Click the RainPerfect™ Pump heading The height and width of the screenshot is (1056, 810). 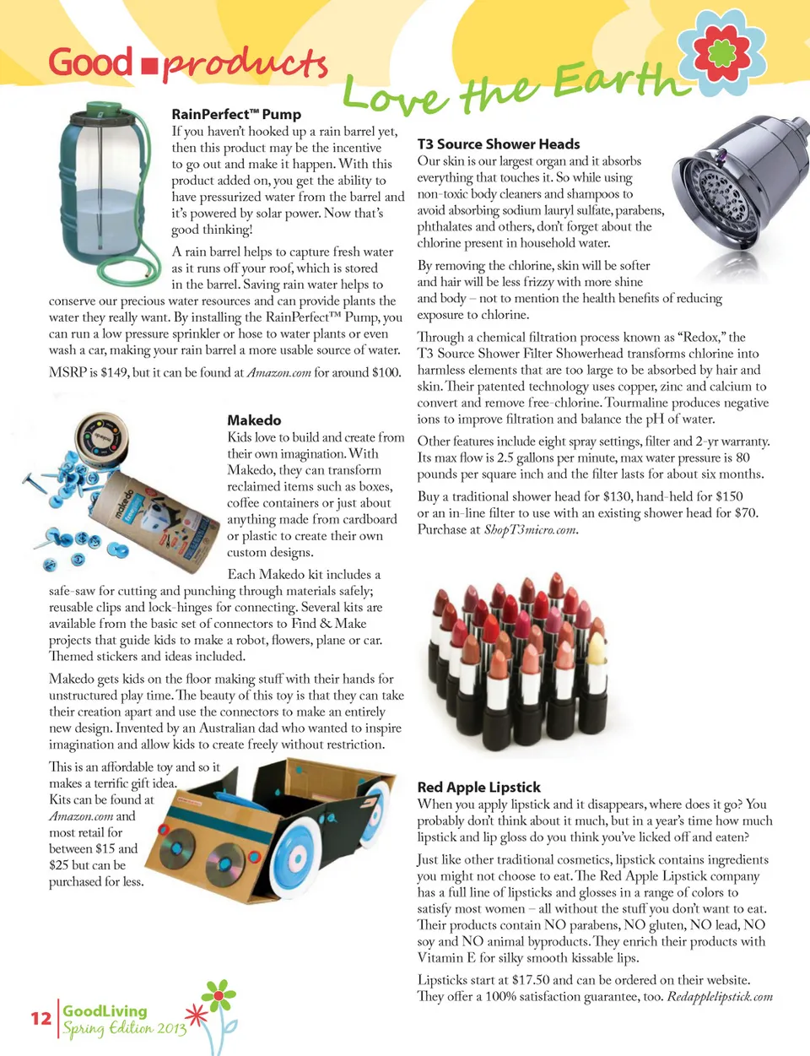(236, 114)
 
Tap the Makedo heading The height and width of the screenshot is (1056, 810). (254, 420)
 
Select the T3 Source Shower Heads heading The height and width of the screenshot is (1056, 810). (499, 144)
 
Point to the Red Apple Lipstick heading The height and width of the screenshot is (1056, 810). (478, 787)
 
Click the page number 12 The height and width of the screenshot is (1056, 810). (40, 1018)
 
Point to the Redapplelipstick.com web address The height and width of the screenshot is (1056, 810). (720, 997)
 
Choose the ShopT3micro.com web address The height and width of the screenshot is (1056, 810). (531, 530)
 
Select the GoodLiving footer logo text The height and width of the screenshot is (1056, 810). (105, 1010)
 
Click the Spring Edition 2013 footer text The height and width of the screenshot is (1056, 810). (124, 1029)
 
